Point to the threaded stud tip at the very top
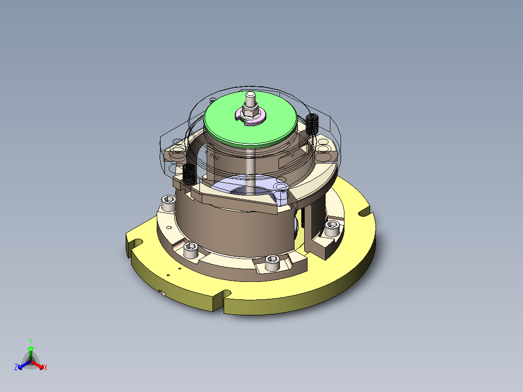coord(250,95)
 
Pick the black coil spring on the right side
coord(312,123)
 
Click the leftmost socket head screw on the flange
coord(167,203)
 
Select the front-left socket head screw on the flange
coord(191,251)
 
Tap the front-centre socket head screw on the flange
coord(272,262)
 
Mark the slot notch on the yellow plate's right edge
coord(363,212)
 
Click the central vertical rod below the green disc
coord(249,170)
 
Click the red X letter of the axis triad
coord(46,368)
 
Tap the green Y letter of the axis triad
coord(31,341)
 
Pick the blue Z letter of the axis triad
coord(16,367)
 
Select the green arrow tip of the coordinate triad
coord(31,348)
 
